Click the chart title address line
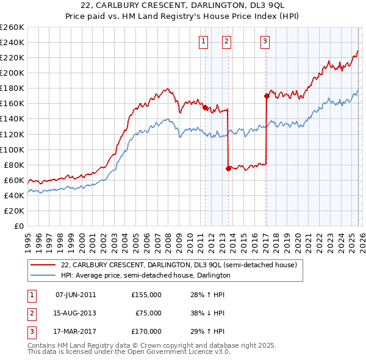coord(182,6)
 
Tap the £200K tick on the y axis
coord(12,73)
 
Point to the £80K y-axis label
coord(13,165)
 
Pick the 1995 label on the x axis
coord(28,239)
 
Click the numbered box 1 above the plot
coord(203,41)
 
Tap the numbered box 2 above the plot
coord(226,41)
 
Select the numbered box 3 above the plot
coord(265,41)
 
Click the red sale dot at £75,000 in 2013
coord(228,168)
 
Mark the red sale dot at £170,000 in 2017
coord(267,96)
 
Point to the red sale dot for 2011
coord(205,107)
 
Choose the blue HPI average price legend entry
coord(145,275)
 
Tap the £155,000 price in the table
coord(146,295)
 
